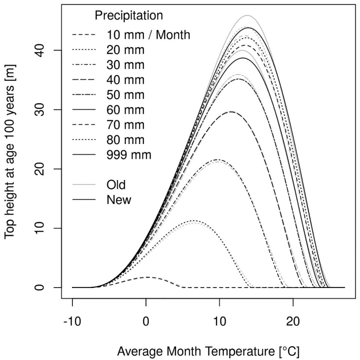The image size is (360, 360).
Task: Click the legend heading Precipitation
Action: click(129, 16)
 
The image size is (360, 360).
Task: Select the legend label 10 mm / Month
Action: click(148, 35)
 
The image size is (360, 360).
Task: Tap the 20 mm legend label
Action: click(125, 50)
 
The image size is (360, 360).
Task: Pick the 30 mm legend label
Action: click(125, 65)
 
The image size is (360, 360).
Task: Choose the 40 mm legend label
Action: click(125, 80)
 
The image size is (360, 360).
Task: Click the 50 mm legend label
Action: click(125, 95)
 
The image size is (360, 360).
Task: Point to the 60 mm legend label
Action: click(125, 110)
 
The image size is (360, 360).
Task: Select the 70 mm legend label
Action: click(125, 125)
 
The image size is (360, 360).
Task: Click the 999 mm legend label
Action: click(129, 155)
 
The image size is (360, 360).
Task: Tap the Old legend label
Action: click(116, 185)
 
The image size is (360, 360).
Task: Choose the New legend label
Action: click(118, 200)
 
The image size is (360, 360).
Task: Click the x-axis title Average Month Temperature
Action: click(208, 350)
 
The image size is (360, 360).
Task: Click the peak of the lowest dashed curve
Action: click(147, 277)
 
